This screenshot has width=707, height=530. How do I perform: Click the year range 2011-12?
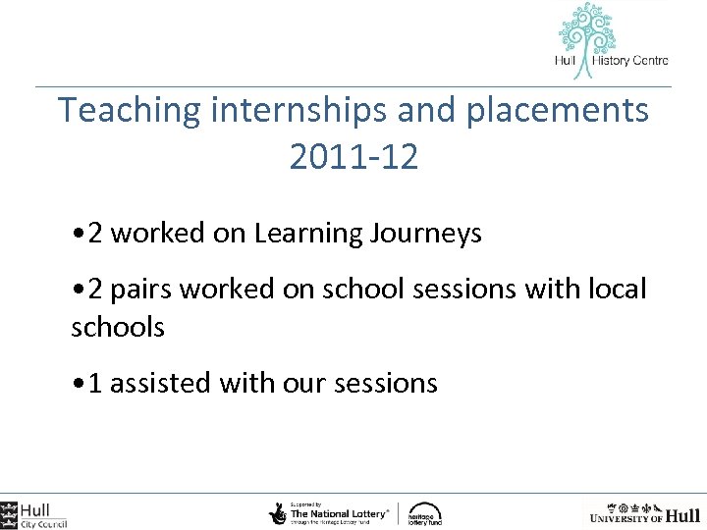pyautogui.click(x=353, y=156)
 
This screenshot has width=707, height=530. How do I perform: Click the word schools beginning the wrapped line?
pyautogui.click(x=118, y=327)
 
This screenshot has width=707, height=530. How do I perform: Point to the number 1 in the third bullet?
pyautogui.click(x=95, y=383)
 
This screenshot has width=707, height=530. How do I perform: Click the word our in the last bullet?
pyautogui.click(x=300, y=383)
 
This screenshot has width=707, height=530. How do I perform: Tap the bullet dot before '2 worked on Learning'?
pyautogui.click(x=78, y=235)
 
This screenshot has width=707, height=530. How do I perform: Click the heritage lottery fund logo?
pyautogui.click(x=425, y=513)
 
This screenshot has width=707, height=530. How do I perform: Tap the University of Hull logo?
pyautogui.click(x=643, y=512)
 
